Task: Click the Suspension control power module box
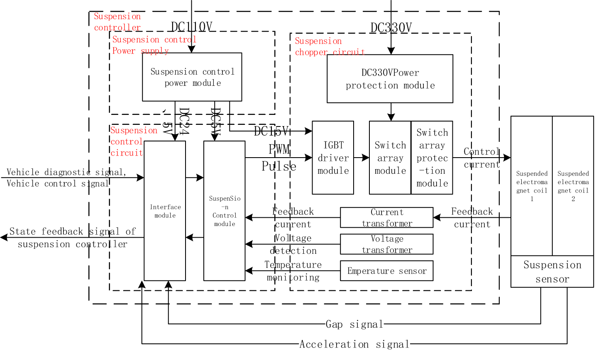click(x=192, y=77)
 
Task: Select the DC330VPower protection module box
click(x=390, y=79)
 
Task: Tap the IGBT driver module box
click(x=333, y=158)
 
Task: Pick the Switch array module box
click(x=390, y=158)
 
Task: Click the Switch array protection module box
click(x=432, y=158)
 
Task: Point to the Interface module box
click(x=165, y=211)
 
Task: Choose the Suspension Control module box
click(x=225, y=211)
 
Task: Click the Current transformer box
click(x=386, y=218)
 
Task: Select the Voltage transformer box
click(x=386, y=244)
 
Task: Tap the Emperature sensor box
click(x=386, y=271)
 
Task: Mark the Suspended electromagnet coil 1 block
click(x=532, y=186)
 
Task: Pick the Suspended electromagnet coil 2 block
click(x=573, y=186)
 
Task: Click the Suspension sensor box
click(x=552, y=272)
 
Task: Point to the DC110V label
click(x=192, y=27)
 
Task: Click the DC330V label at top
click(x=391, y=28)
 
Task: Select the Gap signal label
click(x=354, y=324)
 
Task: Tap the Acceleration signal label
click(x=354, y=344)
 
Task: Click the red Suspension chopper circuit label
click(x=330, y=46)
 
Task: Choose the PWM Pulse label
click(x=279, y=158)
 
